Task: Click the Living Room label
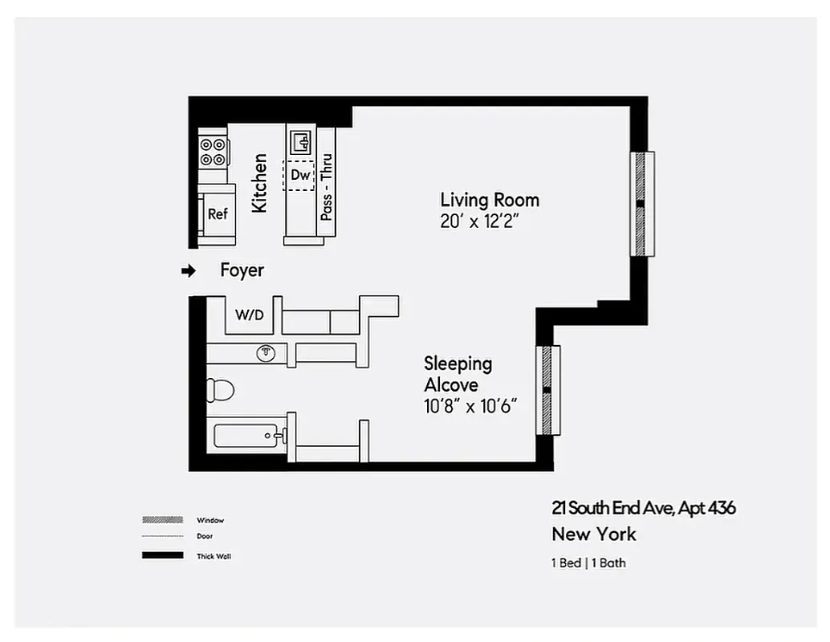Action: [x=490, y=200]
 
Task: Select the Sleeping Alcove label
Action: [x=458, y=374]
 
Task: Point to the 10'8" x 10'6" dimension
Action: [x=470, y=406]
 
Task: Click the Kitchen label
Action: [x=259, y=183]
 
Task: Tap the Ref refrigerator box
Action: [x=218, y=214]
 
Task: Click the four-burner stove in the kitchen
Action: [x=213, y=152]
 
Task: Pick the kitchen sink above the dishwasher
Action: [x=302, y=143]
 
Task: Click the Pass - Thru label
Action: [x=326, y=187]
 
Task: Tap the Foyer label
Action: [x=242, y=271]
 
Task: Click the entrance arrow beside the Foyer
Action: [x=188, y=272]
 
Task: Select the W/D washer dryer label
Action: [x=249, y=316]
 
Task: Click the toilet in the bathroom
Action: [x=220, y=391]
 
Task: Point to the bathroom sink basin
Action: [x=265, y=353]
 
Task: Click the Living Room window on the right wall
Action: [x=641, y=204]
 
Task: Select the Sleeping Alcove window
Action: [x=547, y=390]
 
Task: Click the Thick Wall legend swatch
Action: [x=163, y=555]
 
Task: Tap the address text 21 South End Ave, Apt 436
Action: [x=643, y=508]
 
